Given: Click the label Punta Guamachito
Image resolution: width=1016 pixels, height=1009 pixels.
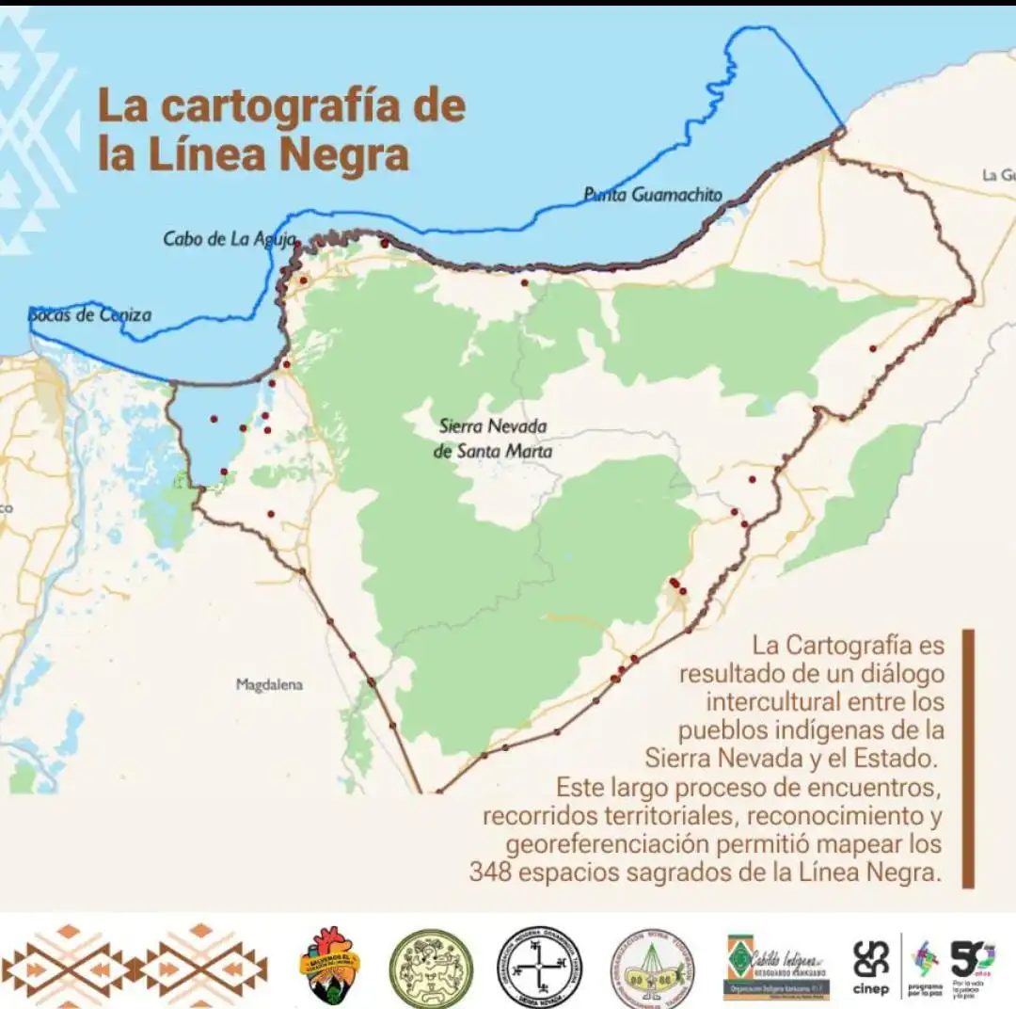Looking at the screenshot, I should [653, 195].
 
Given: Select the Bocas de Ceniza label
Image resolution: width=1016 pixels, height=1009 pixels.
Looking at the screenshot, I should [89, 314].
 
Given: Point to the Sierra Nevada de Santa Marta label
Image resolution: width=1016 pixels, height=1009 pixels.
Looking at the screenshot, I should [493, 439].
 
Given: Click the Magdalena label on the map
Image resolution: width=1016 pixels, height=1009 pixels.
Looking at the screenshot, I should [269, 684].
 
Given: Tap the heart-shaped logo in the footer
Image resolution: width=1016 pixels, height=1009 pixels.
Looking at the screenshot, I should [329, 966].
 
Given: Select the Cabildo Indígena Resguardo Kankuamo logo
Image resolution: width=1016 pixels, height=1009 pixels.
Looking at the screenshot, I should [777, 967].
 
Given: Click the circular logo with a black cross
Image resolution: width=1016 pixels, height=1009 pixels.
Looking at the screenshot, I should [539, 967].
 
